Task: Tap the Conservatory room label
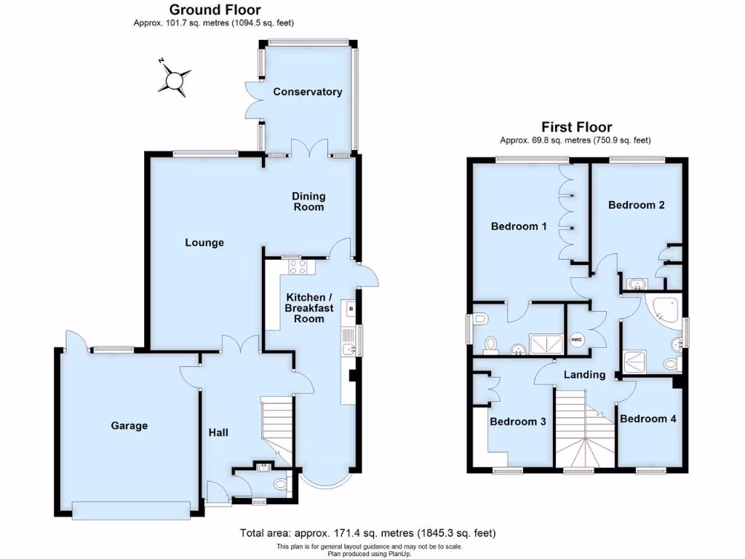click(x=307, y=92)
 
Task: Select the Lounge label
click(x=204, y=242)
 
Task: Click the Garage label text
click(x=130, y=426)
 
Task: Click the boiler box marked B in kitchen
click(x=351, y=309)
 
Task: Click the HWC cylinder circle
click(x=577, y=339)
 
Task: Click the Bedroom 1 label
click(x=519, y=226)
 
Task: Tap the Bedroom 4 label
click(x=648, y=419)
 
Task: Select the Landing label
click(x=584, y=375)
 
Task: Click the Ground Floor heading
click(x=215, y=9)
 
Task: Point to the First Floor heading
click(x=575, y=127)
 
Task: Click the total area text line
click(x=368, y=533)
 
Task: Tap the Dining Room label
click(x=308, y=202)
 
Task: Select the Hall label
click(x=218, y=432)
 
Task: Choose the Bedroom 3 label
click(x=518, y=421)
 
